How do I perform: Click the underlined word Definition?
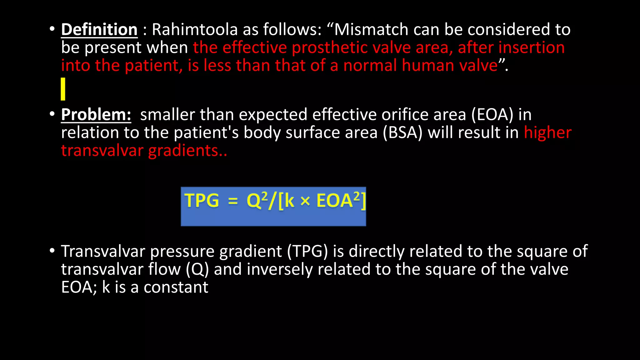pyautogui.click(x=99, y=30)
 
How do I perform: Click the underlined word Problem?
pyautogui.click(x=96, y=115)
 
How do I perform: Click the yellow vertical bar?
pyautogui.click(x=63, y=89)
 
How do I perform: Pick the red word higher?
pyautogui.click(x=547, y=133)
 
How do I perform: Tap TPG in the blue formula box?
pyautogui.click(x=202, y=201)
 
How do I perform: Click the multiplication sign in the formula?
pyautogui.click(x=305, y=202)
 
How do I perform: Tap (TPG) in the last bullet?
pyautogui.click(x=307, y=252)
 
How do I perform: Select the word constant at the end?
pyautogui.click(x=176, y=287)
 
